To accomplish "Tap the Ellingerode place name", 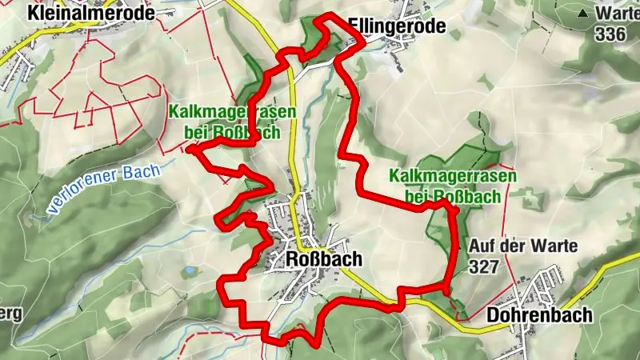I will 397,28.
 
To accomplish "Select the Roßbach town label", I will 323,259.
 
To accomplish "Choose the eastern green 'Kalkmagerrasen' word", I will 453,176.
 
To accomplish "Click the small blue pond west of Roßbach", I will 190,272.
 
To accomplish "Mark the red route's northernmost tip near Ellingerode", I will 324,17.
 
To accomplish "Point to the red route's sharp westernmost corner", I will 190,148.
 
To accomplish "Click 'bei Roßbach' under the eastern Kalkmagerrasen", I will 453,195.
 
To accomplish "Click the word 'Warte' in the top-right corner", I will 617,14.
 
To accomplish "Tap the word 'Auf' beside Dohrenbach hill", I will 482,246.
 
